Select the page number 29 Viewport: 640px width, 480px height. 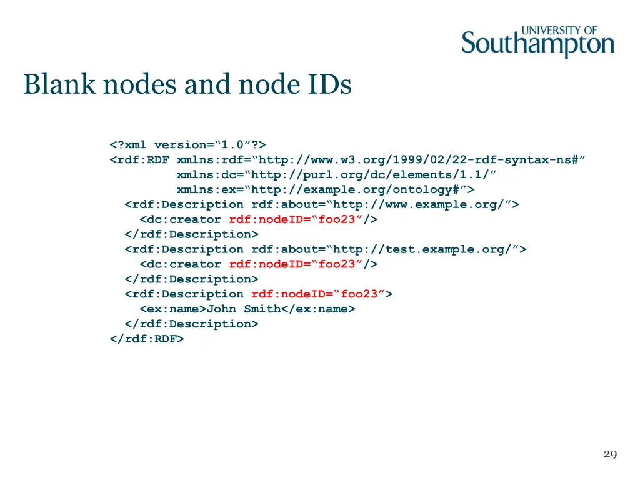click(610, 454)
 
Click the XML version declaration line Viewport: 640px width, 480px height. click(188, 144)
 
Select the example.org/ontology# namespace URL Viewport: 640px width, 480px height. click(359, 189)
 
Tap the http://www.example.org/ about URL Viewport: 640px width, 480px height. click(422, 204)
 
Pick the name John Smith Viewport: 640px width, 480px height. click(244, 309)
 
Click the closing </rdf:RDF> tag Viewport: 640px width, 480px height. click(147, 339)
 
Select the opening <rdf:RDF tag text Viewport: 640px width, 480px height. click(139, 159)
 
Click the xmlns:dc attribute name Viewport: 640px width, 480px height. click(207, 174)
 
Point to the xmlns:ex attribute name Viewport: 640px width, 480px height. click(207, 189)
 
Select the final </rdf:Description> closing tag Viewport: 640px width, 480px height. click(191, 324)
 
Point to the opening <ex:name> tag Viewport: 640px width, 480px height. click(173, 309)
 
